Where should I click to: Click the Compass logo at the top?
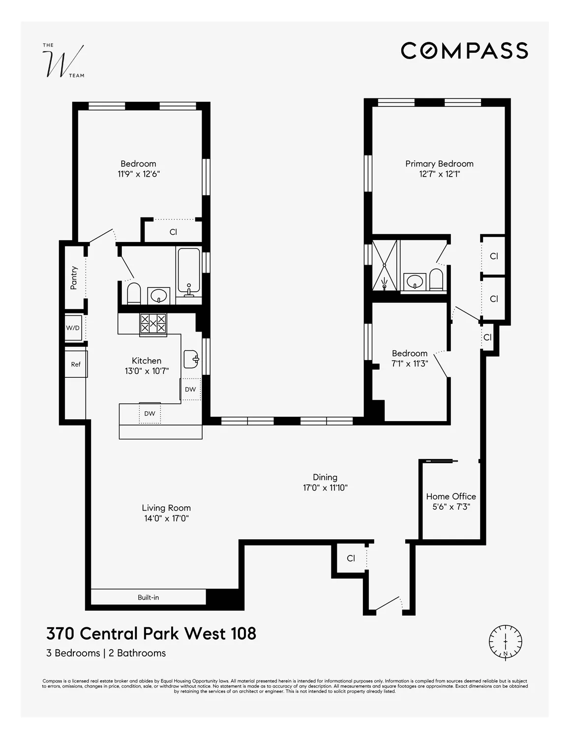pos(464,51)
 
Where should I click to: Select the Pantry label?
pos(74,277)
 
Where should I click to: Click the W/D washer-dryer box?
pos(73,328)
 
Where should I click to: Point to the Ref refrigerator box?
pos(76,364)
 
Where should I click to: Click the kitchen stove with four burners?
pos(153,324)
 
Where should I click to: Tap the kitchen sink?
pos(191,359)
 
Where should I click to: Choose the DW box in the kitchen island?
pos(150,413)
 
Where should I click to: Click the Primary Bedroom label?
pos(439,164)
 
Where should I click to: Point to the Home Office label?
pos(451,496)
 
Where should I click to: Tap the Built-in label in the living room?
pos(148,597)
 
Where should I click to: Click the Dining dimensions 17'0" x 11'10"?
pos(325,488)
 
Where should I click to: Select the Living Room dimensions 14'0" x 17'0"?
pos(166,518)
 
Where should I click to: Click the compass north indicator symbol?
pos(505,642)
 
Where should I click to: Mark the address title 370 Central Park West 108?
pos(151,633)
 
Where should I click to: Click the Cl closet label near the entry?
pos(351,558)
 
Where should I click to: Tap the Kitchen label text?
pos(147,361)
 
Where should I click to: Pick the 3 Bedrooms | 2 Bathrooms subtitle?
pos(106,653)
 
